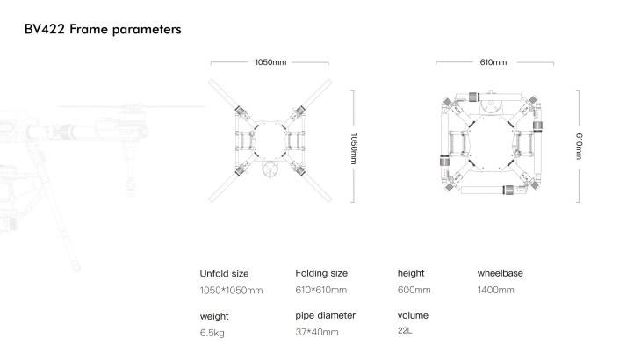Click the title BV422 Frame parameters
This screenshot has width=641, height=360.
[104, 30]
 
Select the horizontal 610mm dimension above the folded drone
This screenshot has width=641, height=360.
[493, 62]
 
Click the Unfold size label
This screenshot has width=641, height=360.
[225, 273]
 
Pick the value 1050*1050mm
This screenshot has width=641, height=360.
[232, 290]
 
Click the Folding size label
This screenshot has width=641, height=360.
[321, 273]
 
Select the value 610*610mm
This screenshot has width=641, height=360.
[321, 290]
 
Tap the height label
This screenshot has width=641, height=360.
[411, 273]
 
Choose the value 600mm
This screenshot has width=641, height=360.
[414, 290]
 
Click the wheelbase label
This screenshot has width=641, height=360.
[500, 273]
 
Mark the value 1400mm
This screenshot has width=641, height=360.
[495, 290]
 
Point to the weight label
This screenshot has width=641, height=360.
[214, 315]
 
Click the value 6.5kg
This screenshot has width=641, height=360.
[212, 333]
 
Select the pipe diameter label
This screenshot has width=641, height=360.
[326, 315]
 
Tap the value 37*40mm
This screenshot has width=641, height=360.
[317, 333]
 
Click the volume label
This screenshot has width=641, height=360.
[413, 315]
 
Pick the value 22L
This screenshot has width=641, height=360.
[406, 331]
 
